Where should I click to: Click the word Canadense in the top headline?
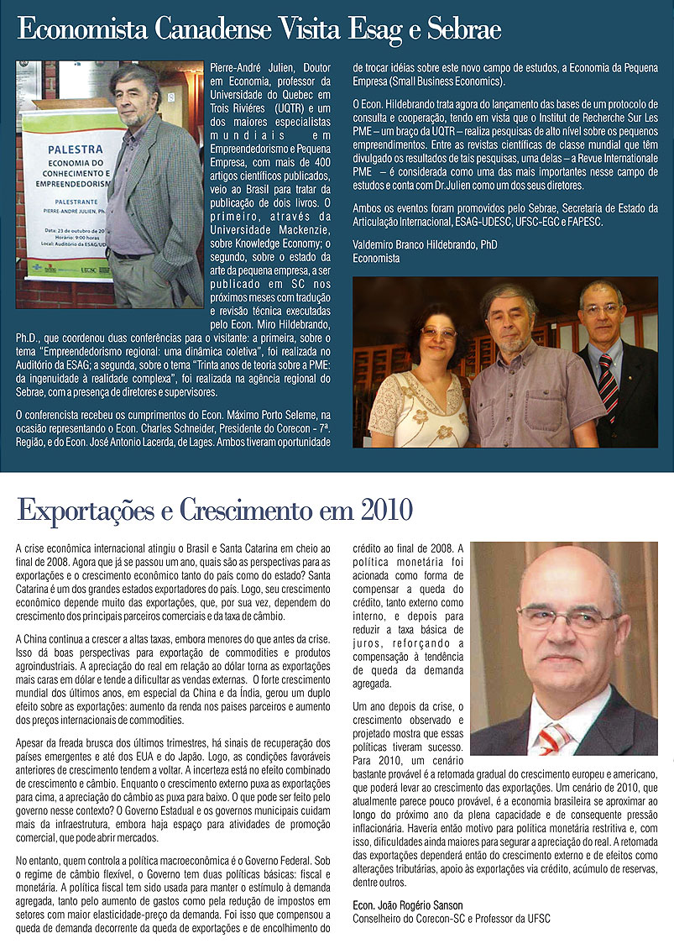tap(211, 30)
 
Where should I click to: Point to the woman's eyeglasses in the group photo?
tap(438, 333)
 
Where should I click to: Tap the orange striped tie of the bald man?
tap(555, 738)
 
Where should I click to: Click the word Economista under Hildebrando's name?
tap(376, 259)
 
